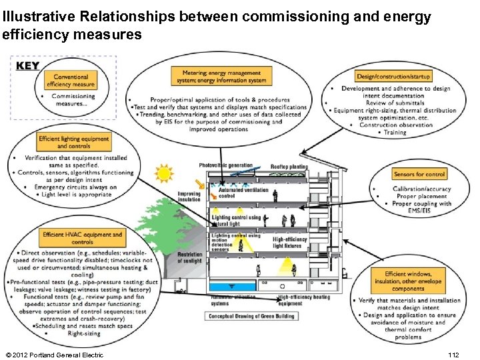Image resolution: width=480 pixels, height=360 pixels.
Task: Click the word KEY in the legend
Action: (x=28, y=65)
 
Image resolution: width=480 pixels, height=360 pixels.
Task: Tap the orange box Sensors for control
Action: (x=419, y=174)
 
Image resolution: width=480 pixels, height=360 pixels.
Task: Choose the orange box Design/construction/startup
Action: (x=394, y=77)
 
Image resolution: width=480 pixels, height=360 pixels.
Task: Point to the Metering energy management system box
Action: (x=219, y=77)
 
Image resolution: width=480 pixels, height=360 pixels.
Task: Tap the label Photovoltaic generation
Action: (x=226, y=165)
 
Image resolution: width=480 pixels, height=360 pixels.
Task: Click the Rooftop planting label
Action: (x=289, y=167)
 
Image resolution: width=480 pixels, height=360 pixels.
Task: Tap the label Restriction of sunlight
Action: (x=189, y=257)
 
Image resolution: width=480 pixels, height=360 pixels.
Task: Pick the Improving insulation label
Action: (x=189, y=197)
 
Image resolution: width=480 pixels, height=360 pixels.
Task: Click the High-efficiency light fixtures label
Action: (x=290, y=243)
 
